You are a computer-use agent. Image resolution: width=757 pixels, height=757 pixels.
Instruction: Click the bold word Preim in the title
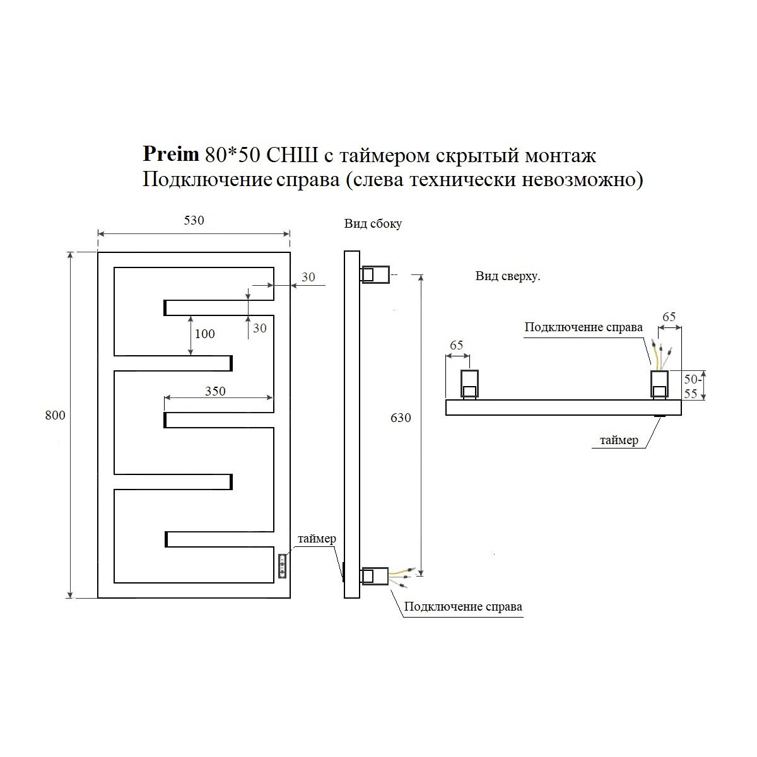pos(171,154)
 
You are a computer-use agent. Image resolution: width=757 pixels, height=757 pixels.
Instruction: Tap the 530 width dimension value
pos(194,220)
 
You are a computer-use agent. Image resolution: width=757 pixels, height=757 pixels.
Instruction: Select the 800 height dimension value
pos(55,415)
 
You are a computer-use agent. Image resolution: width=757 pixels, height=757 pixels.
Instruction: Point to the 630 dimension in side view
pos(401,418)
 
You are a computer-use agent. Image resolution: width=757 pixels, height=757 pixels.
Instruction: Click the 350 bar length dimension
pos(215,391)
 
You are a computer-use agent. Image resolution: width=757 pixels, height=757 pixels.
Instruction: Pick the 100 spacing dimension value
pos(204,334)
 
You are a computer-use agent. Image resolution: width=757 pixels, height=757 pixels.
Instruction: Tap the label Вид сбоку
pos(373,223)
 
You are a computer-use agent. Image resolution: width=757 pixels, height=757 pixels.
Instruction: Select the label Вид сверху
pos(508,276)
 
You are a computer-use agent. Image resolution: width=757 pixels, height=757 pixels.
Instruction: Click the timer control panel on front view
pos(282,566)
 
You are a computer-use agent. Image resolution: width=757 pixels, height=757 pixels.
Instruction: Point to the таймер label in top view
pos(619,440)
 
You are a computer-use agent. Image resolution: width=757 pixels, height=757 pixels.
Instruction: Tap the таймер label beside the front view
pos(317,539)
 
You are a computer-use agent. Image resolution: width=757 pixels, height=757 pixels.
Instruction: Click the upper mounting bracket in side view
pos(375,274)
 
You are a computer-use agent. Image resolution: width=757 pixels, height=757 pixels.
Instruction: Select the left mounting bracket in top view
pos(469,384)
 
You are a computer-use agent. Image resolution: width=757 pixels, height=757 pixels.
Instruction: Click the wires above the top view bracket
pos(661,355)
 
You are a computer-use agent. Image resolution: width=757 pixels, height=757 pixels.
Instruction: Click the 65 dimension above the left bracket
pos(457,345)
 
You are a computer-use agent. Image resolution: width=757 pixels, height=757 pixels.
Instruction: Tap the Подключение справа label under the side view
pos(463,606)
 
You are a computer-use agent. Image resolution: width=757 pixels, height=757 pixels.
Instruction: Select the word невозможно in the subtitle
pos(582,180)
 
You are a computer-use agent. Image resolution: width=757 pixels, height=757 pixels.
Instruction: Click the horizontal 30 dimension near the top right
pos(308,278)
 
